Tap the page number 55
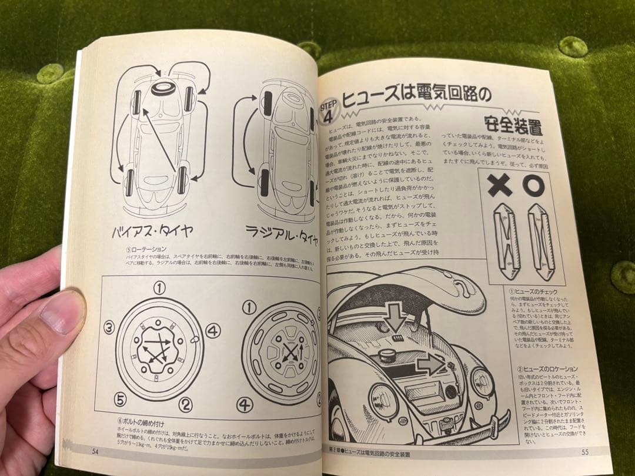584,451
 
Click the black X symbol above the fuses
500,186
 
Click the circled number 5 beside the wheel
121,400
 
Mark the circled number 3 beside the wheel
109,328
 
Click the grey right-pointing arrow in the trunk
430,365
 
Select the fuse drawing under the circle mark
540,242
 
